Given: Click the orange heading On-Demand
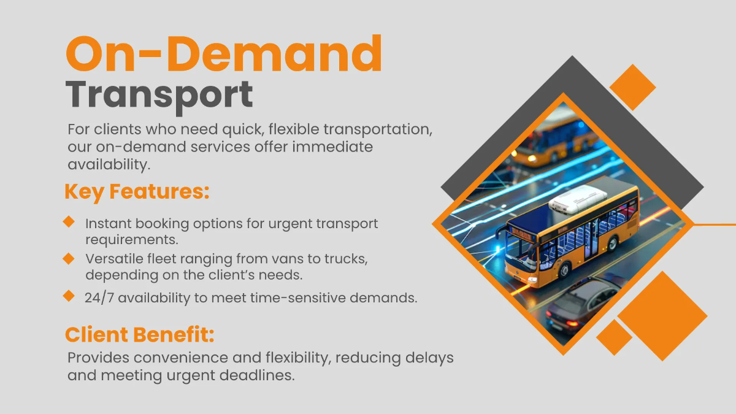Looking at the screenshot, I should [x=224, y=54].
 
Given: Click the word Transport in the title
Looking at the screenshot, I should [x=159, y=95].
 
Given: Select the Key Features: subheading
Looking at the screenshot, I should [x=137, y=191].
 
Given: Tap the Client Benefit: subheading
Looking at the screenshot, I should [x=140, y=335].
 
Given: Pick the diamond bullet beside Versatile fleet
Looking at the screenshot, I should [x=69, y=258].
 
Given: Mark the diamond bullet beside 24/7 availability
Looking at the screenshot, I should [x=69, y=296].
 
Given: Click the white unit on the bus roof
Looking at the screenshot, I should [x=573, y=197].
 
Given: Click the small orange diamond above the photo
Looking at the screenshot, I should [x=633, y=87].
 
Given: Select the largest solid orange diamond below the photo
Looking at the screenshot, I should [x=662, y=316].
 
